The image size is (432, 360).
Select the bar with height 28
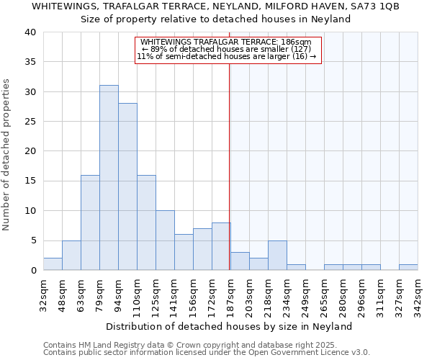click(x=127, y=186)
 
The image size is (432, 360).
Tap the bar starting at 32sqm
click(x=53, y=264)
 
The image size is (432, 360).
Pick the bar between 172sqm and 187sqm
click(x=221, y=246)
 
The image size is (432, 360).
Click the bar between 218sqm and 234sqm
click(x=277, y=256)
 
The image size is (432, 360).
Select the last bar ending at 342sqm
click(x=408, y=267)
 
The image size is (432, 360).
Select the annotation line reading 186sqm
click(x=226, y=42)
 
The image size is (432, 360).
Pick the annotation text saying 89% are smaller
click(x=226, y=49)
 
